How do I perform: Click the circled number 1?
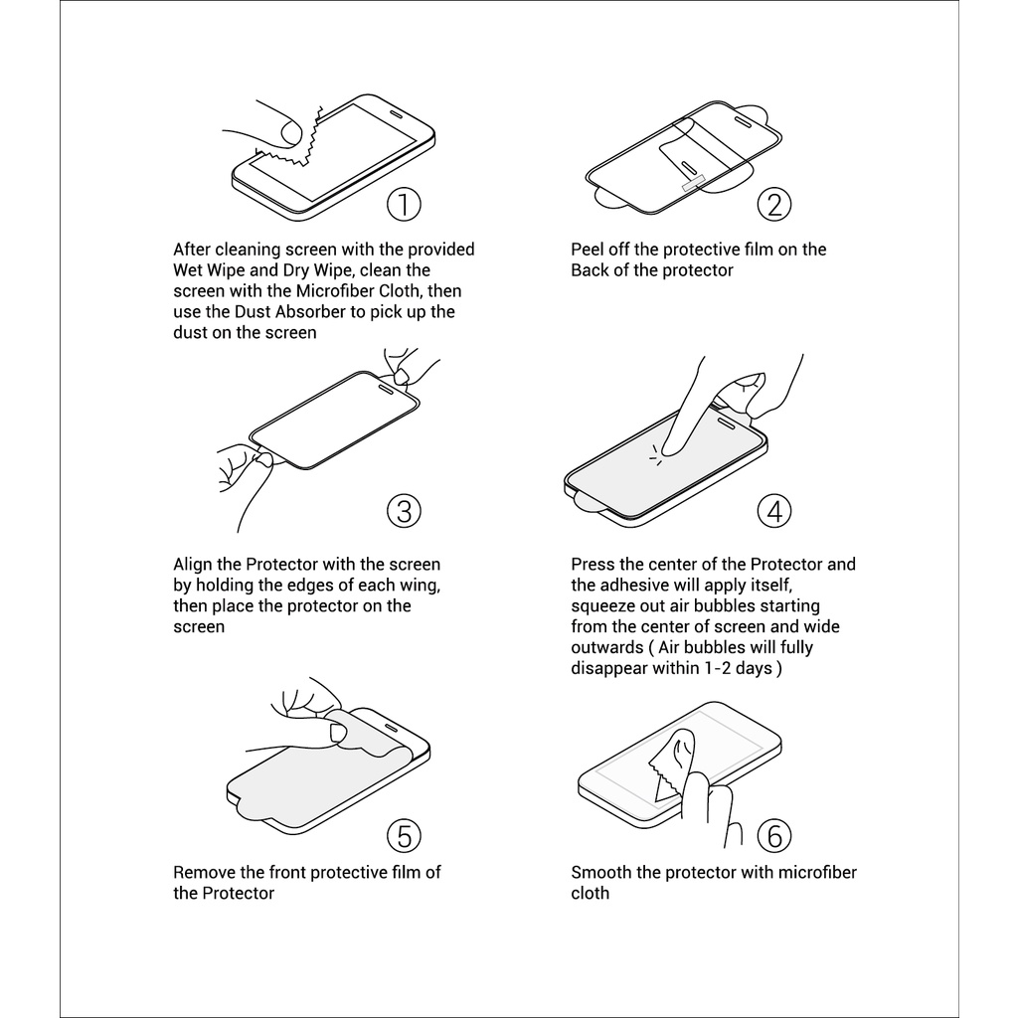click(404, 204)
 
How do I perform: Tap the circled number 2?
click(774, 204)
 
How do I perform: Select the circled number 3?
click(404, 511)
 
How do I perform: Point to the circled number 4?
click(774, 511)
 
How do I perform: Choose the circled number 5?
click(404, 835)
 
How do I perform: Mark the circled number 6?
click(774, 835)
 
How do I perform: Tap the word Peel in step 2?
click(588, 250)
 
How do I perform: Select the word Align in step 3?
click(194, 565)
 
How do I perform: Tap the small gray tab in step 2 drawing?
click(692, 183)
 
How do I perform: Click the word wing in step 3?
click(422, 585)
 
